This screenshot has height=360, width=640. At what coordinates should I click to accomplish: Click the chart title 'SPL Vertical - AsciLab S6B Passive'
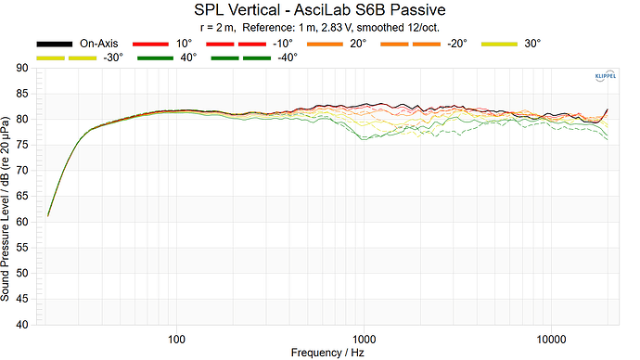click(320, 10)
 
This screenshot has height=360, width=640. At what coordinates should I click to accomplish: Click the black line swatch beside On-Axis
click(55, 44)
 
